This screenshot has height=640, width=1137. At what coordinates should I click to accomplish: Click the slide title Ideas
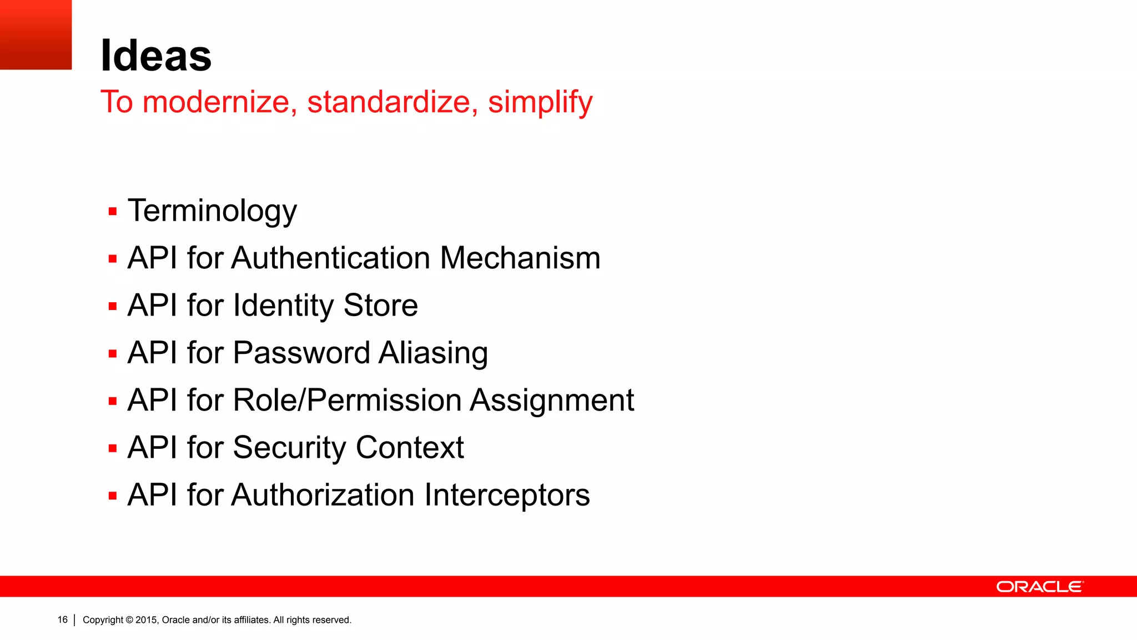pyautogui.click(x=156, y=56)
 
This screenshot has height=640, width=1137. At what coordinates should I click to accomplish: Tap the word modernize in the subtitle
pyautogui.click(x=217, y=102)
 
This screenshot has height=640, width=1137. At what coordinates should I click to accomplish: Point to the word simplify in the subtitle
pyautogui.click(x=540, y=103)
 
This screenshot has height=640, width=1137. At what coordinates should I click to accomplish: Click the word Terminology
pyautogui.click(x=212, y=212)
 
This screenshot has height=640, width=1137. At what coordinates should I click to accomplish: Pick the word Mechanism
pyautogui.click(x=520, y=258)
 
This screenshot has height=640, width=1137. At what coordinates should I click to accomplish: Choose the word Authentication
pyautogui.click(x=331, y=258)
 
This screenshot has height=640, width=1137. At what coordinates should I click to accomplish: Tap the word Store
pyautogui.click(x=380, y=306)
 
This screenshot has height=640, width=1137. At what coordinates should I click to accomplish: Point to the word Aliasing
pyautogui.click(x=433, y=354)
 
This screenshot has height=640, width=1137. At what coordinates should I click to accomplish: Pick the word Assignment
pyautogui.click(x=552, y=401)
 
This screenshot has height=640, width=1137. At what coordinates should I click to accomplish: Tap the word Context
pyautogui.click(x=410, y=448)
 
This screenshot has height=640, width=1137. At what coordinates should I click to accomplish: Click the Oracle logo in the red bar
pyautogui.click(x=1039, y=587)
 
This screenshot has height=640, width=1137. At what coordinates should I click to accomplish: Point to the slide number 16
pyautogui.click(x=62, y=619)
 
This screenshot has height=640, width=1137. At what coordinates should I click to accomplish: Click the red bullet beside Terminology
pyautogui.click(x=113, y=212)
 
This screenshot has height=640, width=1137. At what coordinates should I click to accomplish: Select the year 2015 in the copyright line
pyautogui.click(x=147, y=620)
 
